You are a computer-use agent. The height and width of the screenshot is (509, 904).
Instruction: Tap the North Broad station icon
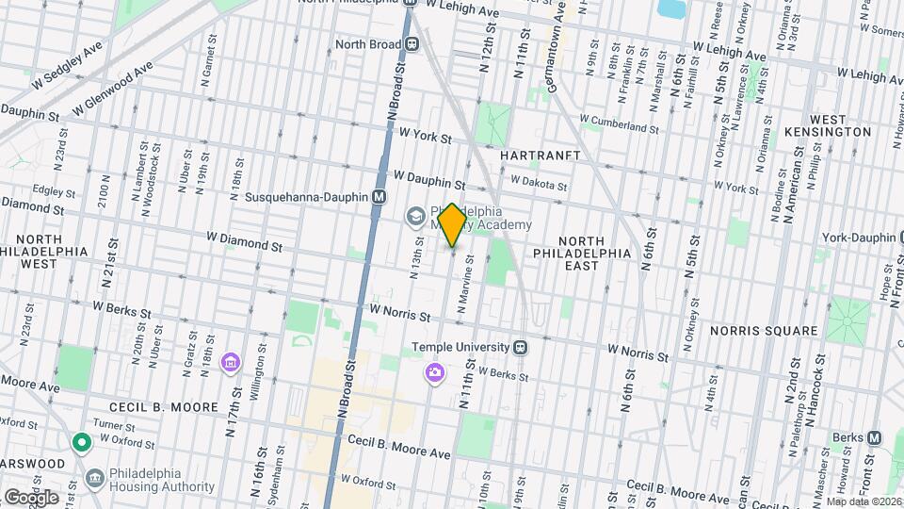click(x=412, y=43)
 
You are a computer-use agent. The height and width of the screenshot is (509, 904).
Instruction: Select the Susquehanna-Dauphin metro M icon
click(x=379, y=197)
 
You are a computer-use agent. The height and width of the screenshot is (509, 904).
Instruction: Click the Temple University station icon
click(x=520, y=347)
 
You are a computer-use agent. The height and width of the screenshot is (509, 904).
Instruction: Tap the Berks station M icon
click(x=874, y=437)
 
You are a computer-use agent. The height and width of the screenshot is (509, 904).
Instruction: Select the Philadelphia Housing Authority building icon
click(x=95, y=478)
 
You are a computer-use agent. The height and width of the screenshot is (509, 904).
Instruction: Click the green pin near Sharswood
click(x=82, y=441)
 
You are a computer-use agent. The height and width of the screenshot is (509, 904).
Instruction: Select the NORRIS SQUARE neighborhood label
click(x=764, y=331)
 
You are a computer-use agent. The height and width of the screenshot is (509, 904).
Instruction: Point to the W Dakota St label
click(x=539, y=181)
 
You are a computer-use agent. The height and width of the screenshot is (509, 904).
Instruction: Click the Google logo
click(x=31, y=497)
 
